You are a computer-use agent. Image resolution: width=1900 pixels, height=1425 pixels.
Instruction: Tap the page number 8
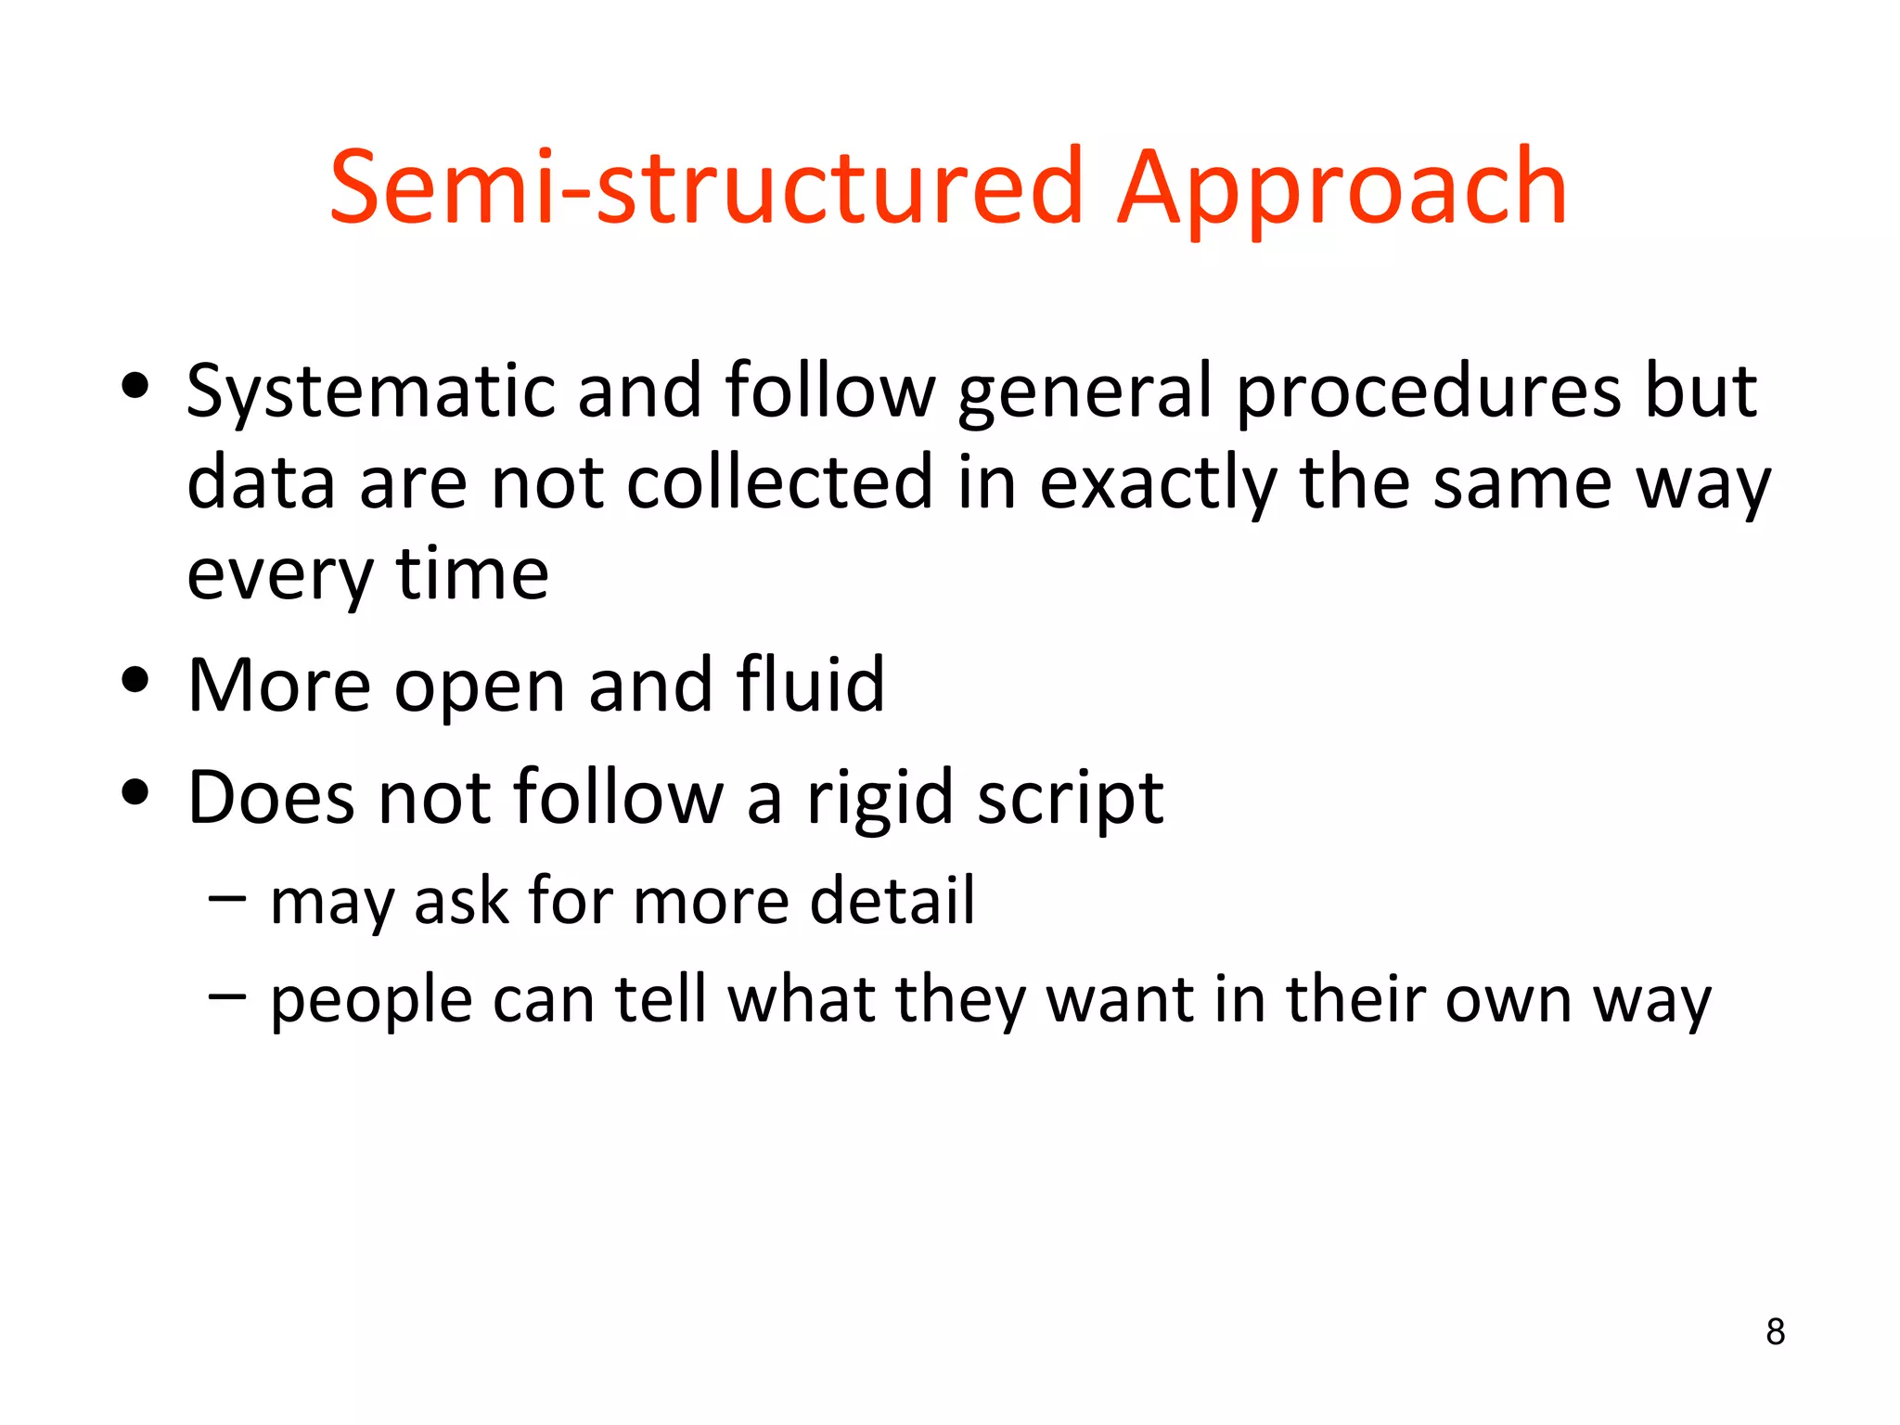tap(1775, 1331)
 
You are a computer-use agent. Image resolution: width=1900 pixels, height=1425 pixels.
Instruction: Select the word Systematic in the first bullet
tap(370, 392)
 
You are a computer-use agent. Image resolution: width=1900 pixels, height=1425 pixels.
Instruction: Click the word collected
tap(779, 482)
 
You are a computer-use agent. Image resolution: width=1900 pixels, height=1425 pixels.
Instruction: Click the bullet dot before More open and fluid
tap(135, 680)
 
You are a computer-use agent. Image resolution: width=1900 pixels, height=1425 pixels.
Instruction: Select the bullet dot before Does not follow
tap(135, 792)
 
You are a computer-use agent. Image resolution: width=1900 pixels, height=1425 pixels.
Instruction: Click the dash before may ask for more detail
tap(227, 897)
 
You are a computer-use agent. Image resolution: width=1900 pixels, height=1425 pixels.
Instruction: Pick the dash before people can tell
tap(227, 995)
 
